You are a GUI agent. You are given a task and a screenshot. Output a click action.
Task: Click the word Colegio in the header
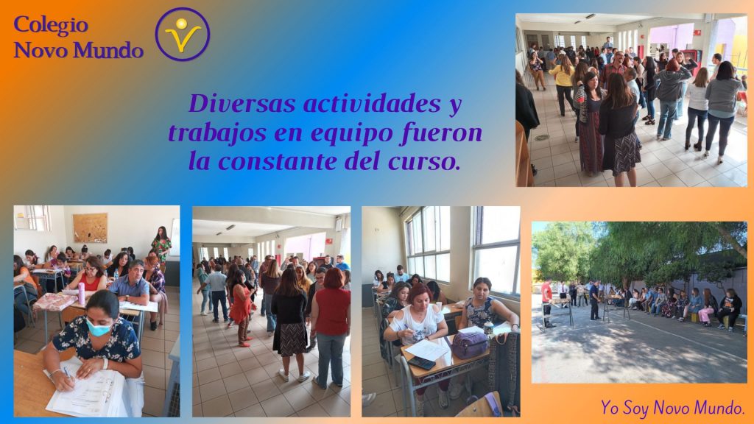coord(51,26)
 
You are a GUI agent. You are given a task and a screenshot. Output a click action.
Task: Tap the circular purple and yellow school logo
coord(183,34)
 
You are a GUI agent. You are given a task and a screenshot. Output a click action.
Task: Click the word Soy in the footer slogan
coord(635,408)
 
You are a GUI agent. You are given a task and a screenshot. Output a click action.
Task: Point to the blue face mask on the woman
coord(98,328)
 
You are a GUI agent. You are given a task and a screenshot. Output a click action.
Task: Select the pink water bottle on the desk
coord(81,293)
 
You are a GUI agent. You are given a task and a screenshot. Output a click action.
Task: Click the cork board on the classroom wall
coord(90,228)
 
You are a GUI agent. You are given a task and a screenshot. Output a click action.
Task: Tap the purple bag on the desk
coord(469,344)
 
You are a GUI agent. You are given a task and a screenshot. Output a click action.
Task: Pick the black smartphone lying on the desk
coord(421,363)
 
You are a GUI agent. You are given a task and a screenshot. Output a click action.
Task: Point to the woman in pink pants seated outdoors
coord(707,308)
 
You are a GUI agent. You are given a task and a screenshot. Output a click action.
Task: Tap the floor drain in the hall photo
coord(541,138)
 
